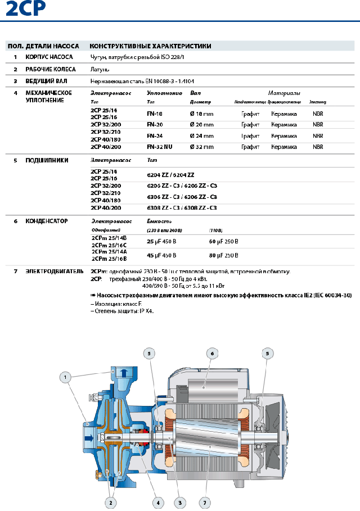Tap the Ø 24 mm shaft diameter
coord(202,135)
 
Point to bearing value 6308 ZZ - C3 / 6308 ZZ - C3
coord(182,208)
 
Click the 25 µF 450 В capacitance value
coord(161,241)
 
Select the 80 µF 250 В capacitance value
coord(224,255)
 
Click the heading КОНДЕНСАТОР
coord(47,221)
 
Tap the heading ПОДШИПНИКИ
coord(47,160)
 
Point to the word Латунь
coord(100,69)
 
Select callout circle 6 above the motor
coord(213,353)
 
